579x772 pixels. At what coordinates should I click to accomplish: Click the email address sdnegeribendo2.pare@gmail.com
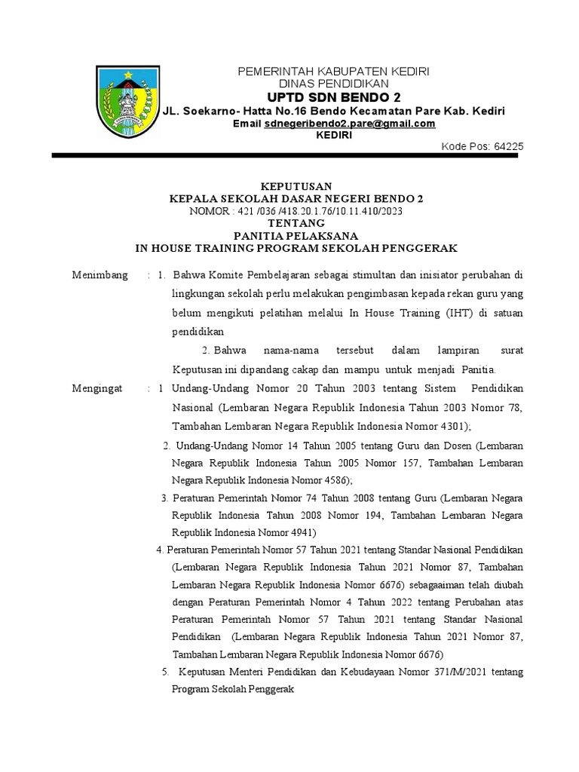(350, 124)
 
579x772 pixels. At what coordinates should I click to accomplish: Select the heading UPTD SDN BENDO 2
(334, 97)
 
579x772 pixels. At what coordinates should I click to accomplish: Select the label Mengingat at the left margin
(99, 388)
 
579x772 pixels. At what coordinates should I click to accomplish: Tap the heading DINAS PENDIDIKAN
(334, 84)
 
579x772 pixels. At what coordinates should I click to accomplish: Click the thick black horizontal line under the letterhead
(287, 156)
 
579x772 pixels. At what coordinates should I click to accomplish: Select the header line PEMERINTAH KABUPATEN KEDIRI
(334, 71)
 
